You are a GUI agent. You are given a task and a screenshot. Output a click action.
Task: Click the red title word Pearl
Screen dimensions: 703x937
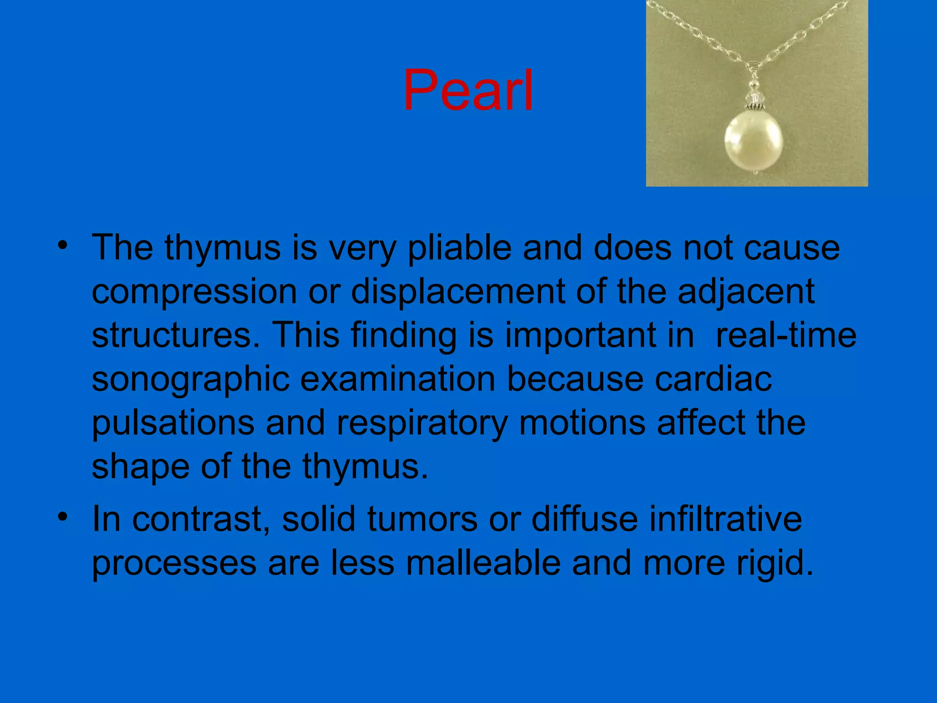point(468,90)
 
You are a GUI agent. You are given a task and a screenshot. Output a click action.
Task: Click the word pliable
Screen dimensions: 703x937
point(459,248)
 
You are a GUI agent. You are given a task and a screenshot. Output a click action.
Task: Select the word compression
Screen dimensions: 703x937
point(194,292)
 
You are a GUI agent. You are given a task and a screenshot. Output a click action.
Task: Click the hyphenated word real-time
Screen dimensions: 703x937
point(786,335)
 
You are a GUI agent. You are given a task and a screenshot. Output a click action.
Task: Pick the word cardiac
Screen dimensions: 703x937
point(713,379)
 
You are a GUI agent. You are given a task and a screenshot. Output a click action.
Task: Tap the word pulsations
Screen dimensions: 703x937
point(173,422)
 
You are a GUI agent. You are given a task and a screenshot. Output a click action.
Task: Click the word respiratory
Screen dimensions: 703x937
point(422,422)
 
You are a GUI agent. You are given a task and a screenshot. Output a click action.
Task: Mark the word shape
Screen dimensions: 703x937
point(140,466)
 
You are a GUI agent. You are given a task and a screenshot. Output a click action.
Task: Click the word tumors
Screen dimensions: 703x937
point(422,519)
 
